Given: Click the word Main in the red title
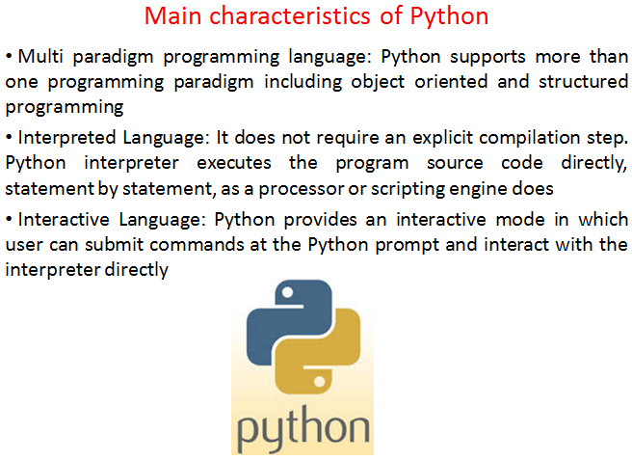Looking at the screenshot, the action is (x=172, y=16).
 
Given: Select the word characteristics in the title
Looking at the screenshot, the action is (x=289, y=16).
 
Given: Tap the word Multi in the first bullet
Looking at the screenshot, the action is (x=40, y=56).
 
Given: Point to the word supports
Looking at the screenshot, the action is (x=487, y=58).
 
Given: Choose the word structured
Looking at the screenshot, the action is (x=583, y=82).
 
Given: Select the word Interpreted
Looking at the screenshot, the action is (x=66, y=139).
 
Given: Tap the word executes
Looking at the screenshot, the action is (x=234, y=163).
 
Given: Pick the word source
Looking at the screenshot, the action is (x=455, y=164).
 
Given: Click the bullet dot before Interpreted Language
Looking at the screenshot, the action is (x=10, y=138).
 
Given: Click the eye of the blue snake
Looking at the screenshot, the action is (x=287, y=292).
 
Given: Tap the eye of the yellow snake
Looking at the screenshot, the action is (x=319, y=381).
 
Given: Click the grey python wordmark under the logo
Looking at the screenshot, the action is (x=303, y=429).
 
